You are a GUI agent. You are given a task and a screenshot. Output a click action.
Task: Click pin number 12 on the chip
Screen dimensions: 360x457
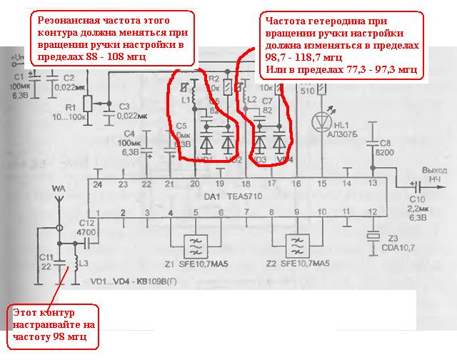pyautogui.click(x=372, y=212)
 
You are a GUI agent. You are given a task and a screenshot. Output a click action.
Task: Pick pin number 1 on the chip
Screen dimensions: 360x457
pyautogui.click(x=98, y=212)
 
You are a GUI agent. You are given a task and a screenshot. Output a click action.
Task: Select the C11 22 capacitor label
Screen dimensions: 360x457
pyautogui.click(x=45, y=261)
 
